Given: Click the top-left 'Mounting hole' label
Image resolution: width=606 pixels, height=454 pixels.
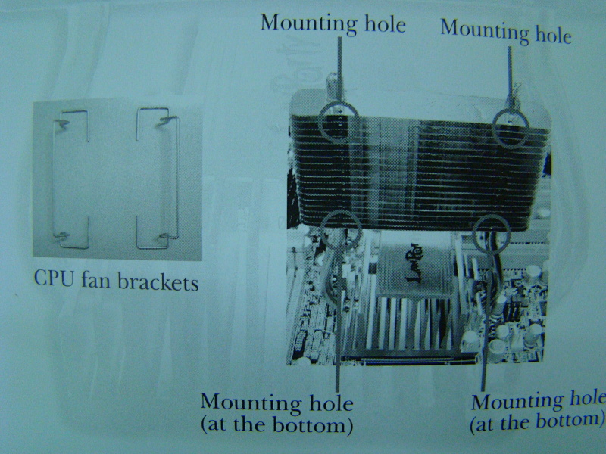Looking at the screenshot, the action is pyautogui.click(x=333, y=24).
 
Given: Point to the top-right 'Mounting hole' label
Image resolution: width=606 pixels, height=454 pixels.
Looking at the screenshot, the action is pyautogui.click(x=506, y=32).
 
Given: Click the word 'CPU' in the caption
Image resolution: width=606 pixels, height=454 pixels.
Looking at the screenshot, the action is pyautogui.click(x=54, y=278).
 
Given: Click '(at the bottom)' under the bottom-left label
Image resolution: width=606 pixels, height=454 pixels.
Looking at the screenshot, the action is pyautogui.click(x=276, y=425).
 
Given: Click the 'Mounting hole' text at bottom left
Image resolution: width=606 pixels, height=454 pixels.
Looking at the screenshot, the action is pyautogui.click(x=276, y=403).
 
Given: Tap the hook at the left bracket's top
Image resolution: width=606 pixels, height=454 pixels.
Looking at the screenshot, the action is pyautogui.click(x=62, y=123).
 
